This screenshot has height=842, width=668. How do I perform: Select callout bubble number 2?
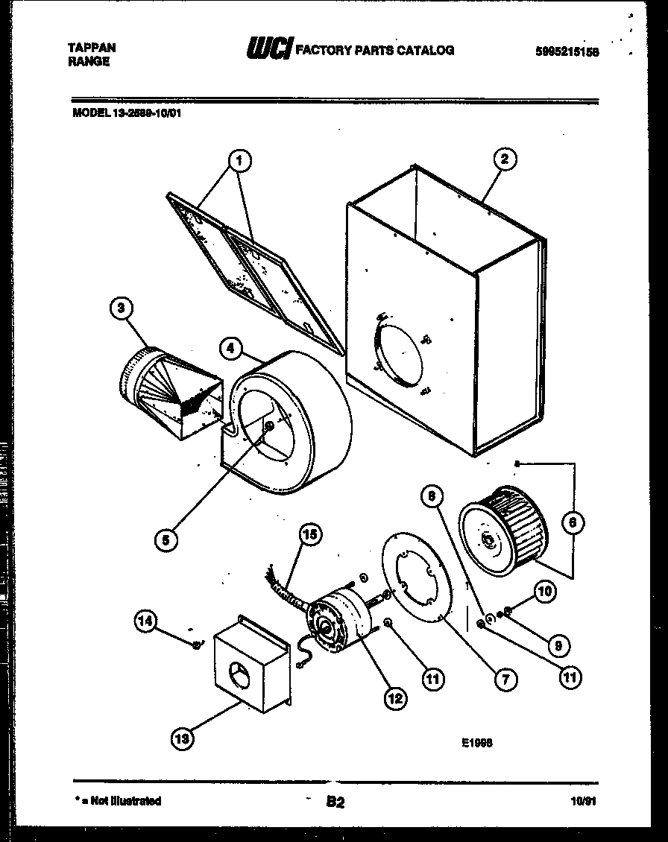505,159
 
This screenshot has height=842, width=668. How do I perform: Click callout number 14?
147,618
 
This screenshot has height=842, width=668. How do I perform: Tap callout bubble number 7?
505,678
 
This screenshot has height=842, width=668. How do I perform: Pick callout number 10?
546,592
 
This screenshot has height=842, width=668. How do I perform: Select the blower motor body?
334,617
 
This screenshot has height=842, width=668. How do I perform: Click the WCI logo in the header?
268,49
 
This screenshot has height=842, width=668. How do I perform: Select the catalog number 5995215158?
567,51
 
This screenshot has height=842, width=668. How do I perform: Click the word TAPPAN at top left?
92,46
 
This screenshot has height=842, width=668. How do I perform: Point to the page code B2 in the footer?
335,803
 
